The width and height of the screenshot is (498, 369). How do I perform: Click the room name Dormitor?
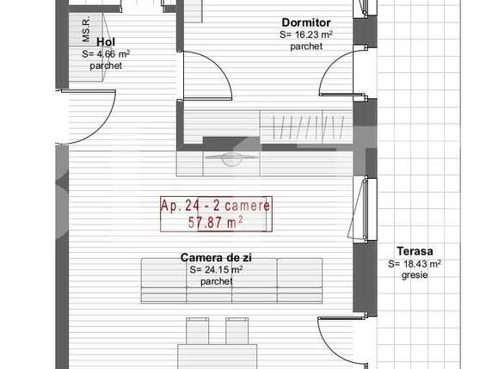tap(307, 23)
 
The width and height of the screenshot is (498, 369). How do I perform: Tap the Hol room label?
tap(106, 40)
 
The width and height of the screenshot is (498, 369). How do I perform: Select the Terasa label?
tap(414, 251)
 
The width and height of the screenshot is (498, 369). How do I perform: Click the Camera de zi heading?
tap(216, 257)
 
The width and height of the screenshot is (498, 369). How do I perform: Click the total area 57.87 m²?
tap(215, 222)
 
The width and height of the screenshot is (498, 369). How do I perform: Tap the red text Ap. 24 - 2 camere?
tap(215, 206)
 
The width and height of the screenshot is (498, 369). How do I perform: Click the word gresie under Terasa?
tap(414, 275)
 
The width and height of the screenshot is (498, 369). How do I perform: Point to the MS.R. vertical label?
tap(86, 32)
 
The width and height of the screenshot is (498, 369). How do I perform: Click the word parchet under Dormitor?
tap(306, 46)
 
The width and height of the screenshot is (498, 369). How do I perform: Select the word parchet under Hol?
tap(106, 65)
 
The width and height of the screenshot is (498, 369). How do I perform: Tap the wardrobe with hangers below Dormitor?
tap(307, 126)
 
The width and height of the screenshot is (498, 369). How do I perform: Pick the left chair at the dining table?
tap(194, 330)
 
